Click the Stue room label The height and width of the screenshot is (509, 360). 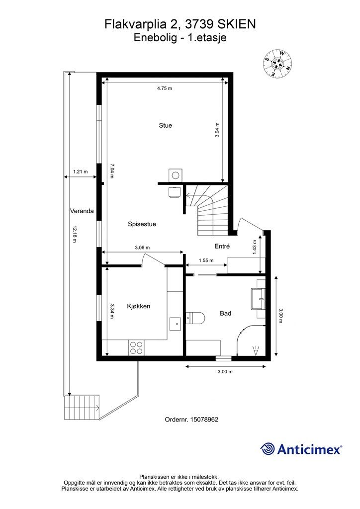click(165, 126)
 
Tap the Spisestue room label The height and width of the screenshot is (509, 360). click(142, 224)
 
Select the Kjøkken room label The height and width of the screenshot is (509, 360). click(138, 307)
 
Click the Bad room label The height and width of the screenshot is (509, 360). click(225, 314)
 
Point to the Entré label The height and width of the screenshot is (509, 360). click(222, 246)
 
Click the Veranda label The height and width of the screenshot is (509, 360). click(82, 211)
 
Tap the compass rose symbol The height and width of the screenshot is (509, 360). click(277, 63)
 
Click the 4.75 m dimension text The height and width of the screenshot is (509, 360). click(165, 88)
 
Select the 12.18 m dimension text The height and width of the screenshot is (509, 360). click(75, 234)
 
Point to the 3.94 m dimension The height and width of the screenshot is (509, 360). click(217, 130)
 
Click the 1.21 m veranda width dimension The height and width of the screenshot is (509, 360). click(80, 172)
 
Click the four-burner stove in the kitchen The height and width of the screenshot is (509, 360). click(136, 347)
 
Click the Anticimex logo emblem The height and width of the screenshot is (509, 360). click(269, 449)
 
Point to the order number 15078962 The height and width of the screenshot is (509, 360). click(191, 420)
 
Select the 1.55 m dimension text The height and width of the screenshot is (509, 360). click(205, 260)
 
